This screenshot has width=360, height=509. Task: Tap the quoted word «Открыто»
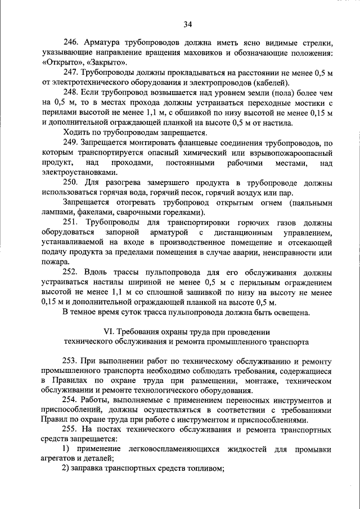pos(61,62)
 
